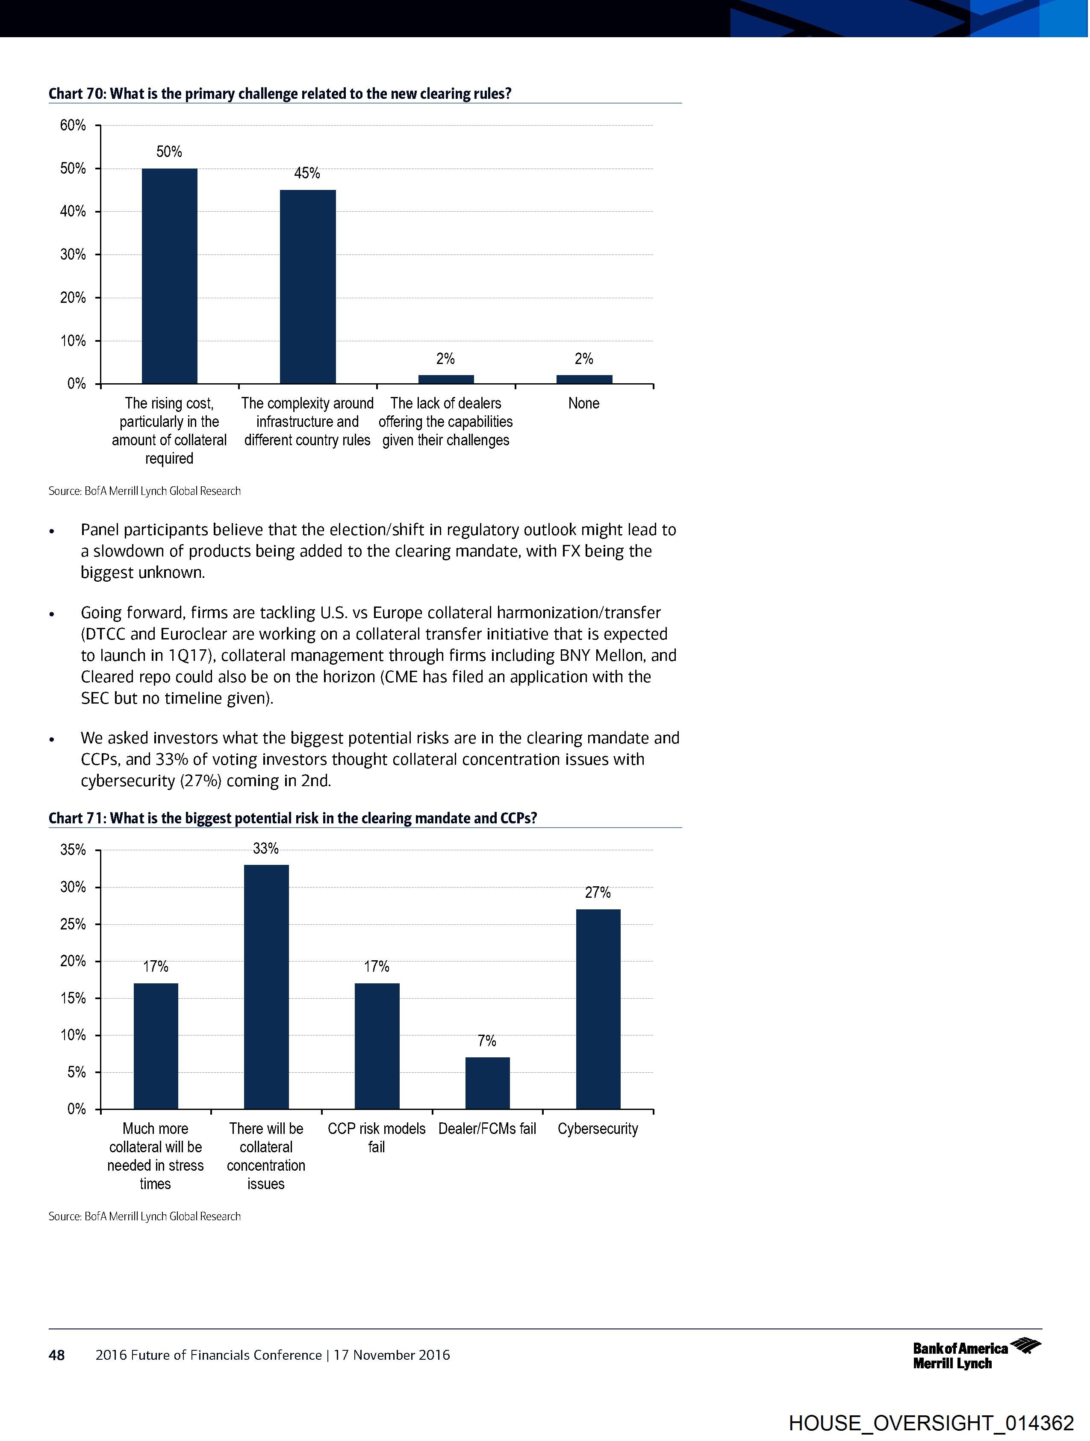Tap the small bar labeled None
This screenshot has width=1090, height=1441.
584,379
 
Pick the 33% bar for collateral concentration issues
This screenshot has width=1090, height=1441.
266,986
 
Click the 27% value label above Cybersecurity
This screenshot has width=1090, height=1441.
598,893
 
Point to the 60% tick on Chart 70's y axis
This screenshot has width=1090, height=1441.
73,125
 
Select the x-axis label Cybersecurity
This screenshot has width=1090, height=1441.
598,1128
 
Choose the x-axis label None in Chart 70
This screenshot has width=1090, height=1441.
583,403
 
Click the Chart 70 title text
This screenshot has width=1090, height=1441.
280,94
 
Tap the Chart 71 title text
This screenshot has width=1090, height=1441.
292,818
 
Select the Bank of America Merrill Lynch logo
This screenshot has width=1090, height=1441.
976,1355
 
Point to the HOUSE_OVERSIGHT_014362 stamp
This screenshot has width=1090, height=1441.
931,1423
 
